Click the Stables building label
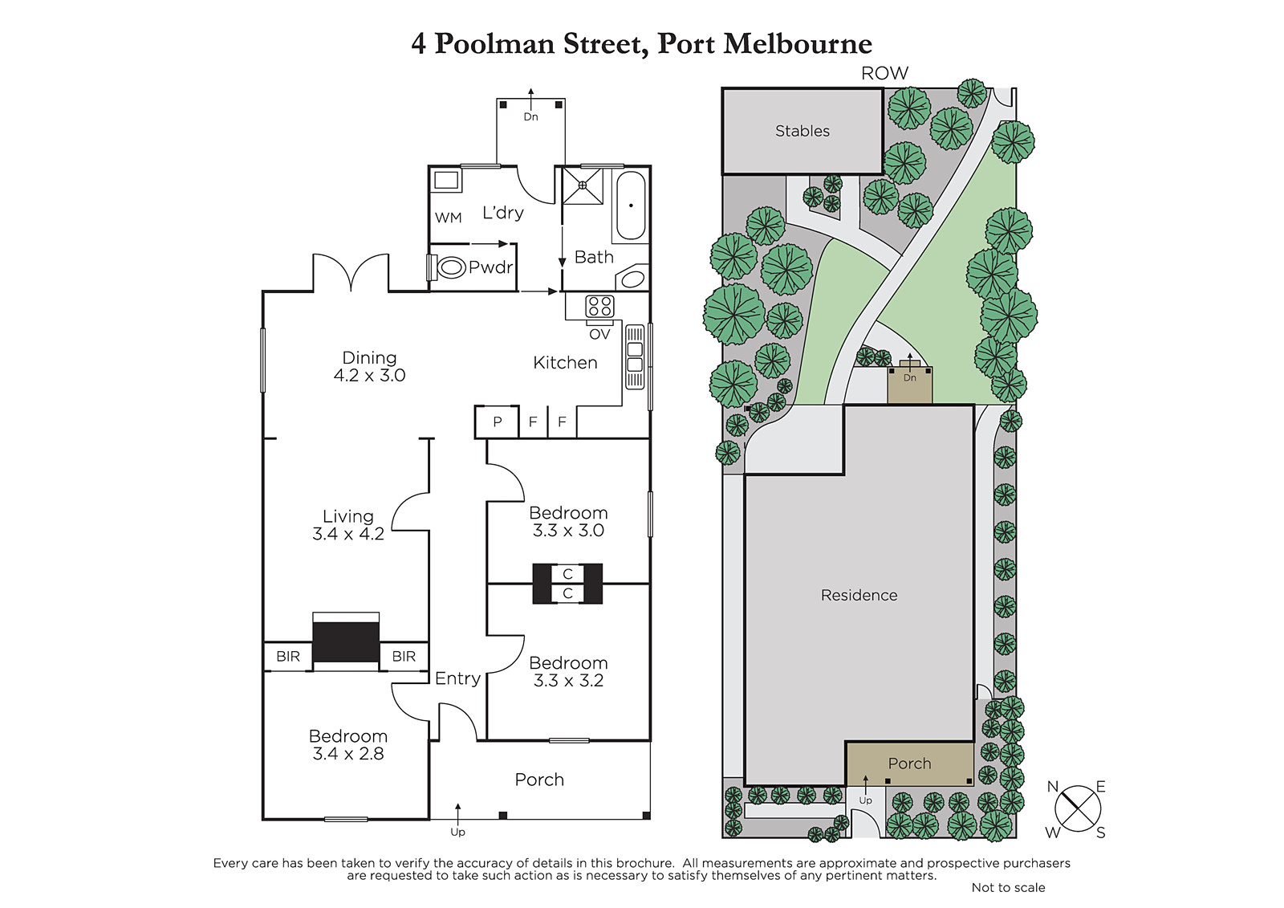click(802, 132)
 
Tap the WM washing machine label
click(449, 218)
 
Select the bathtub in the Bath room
click(631, 205)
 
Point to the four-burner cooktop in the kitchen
click(599, 306)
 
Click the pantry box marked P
click(497, 422)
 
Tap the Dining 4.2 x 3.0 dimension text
click(370, 375)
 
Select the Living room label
click(348, 516)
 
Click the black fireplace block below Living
click(346, 641)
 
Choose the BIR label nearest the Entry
click(404, 656)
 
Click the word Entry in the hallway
click(457, 678)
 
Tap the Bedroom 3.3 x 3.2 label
click(568, 672)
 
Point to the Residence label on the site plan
click(859, 596)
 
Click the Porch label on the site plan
click(910, 763)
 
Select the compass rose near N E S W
click(1078, 808)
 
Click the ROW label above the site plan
click(884, 73)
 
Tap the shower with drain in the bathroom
click(583, 185)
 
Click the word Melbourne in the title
click(798, 43)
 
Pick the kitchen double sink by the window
click(635, 356)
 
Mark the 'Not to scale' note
click(1008, 887)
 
